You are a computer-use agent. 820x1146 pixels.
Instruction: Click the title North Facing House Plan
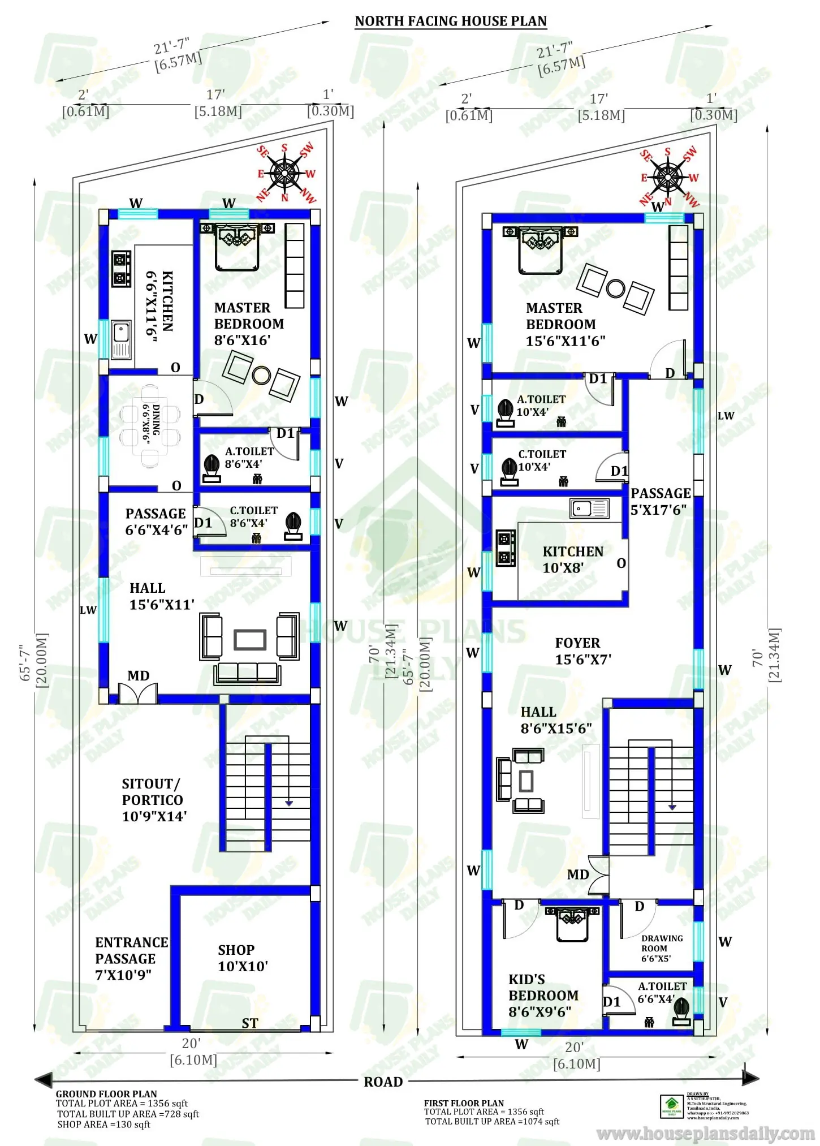pyautogui.click(x=451, y=21)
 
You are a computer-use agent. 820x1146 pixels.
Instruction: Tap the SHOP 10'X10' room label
pyautogui.click(x=243, y=958)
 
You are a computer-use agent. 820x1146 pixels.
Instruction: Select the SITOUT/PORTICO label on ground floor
pyautogui.click(x=153, y=799)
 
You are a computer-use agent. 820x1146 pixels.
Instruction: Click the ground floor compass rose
pyautogui.click(x=285, y=173)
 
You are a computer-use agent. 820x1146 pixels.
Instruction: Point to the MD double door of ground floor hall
pyautogui.click(x=137, y=693)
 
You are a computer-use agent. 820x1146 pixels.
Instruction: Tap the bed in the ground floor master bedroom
pyautogui.click(x=237, y=247)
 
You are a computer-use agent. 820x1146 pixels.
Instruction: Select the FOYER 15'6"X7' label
pyautogui.click(x=582, y=651)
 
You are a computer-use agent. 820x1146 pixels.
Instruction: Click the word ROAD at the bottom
pyautogui.click(x=383, y=1082)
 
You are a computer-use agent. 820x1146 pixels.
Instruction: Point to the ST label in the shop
pyautogui.click(x=249, y=1023)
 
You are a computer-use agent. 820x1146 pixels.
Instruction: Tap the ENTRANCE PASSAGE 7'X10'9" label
pyautogui.click(x=131, y=958)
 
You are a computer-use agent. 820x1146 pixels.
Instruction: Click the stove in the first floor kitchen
pyautogui.click(x=506, y=548)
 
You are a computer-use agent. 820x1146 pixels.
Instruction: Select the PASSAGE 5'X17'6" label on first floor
pyautogui.click(x=660, y=501)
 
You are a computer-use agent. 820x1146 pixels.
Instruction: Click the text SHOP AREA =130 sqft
pyautogui.click(x=103, y=1125)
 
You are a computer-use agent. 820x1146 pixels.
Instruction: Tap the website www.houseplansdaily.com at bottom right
pyautogui.click(x=705, y=1134)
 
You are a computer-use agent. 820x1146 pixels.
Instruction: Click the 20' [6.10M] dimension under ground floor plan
pyautogui.click(x=193, y=1051)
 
